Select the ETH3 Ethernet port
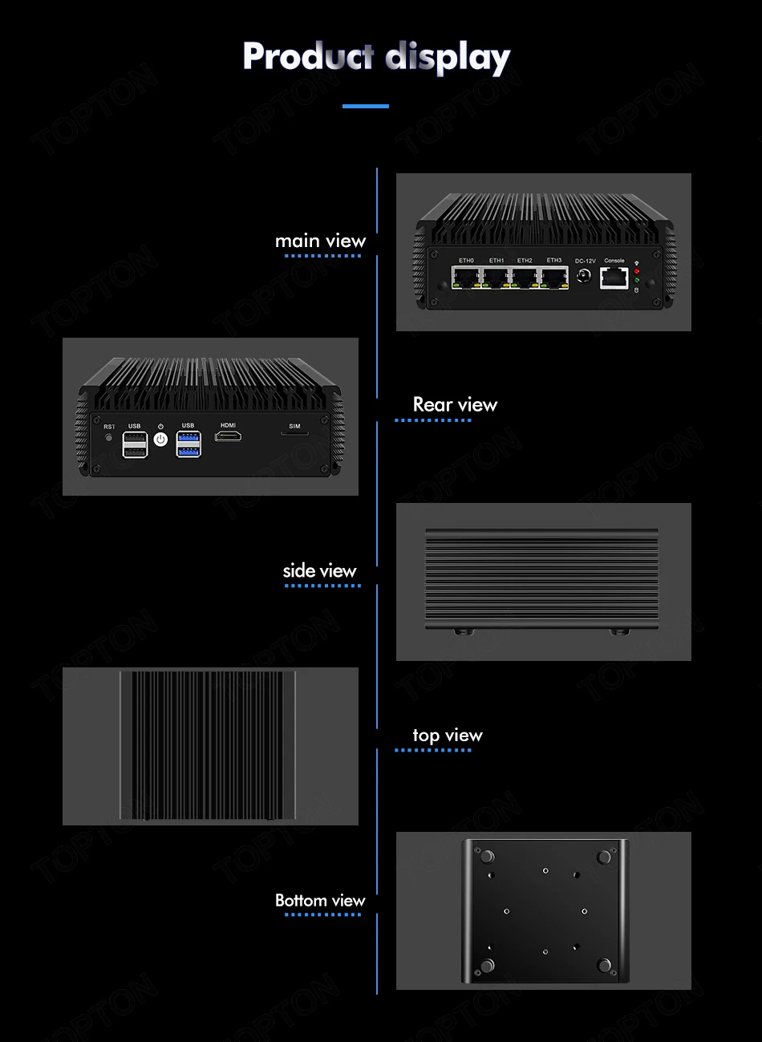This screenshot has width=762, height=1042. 553,278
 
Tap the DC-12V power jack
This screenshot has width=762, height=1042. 585,277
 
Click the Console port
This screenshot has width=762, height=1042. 614,278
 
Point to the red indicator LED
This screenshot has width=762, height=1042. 637,271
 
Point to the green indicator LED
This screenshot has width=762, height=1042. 637,280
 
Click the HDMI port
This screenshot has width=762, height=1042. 229,437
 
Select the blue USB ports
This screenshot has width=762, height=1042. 188,444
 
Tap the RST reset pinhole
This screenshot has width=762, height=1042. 109,437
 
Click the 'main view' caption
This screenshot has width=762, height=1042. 320,241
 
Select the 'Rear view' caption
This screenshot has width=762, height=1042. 455,405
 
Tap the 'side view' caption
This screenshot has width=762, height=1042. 319,571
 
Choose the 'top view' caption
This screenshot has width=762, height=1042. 448,736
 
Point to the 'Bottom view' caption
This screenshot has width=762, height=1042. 320,901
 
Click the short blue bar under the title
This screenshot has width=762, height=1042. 366,106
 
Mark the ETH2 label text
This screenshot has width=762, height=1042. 525,261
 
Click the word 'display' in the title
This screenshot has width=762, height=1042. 448,59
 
